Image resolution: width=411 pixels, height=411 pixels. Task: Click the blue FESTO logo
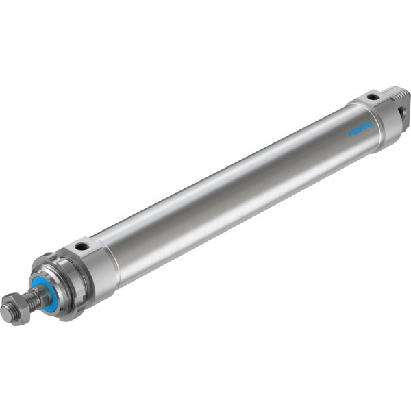point(360,128)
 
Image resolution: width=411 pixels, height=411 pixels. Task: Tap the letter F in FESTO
point(351,134)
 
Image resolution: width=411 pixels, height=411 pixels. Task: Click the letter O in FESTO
point(369,124)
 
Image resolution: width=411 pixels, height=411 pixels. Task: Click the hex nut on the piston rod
point(16,306)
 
